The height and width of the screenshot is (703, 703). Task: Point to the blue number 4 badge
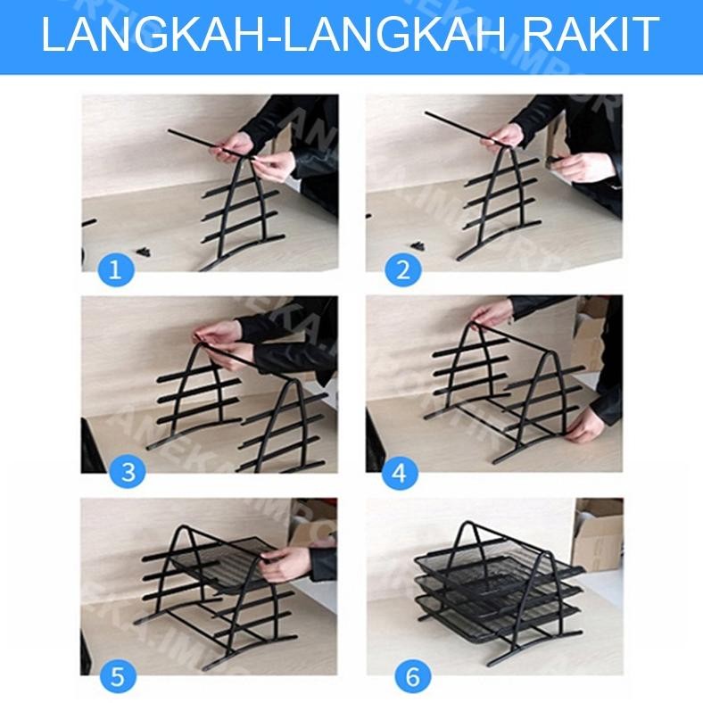399,473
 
